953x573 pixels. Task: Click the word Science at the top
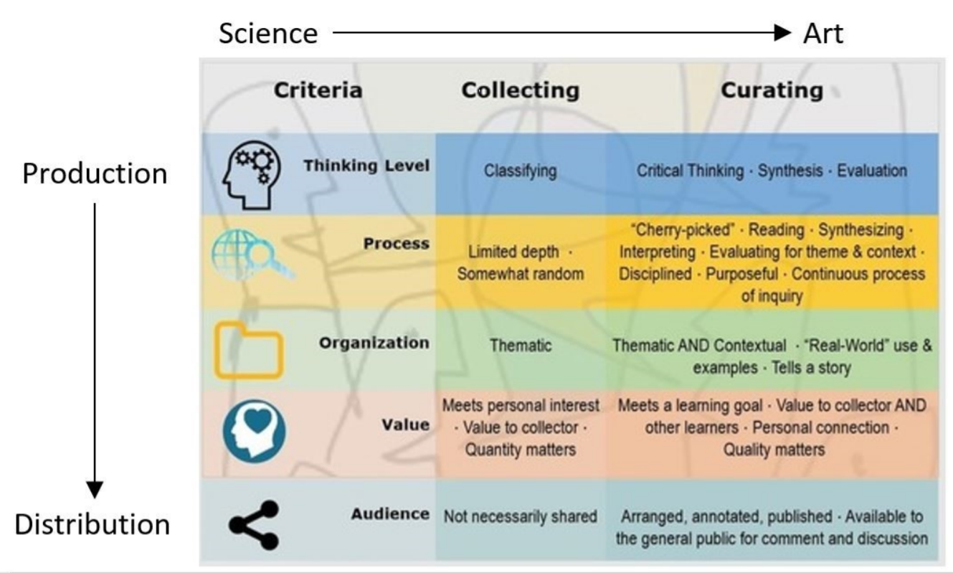point(267,33)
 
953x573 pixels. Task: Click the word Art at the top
point(822,33)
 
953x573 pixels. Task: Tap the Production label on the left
point(95,174)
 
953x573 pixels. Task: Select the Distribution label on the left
point(93,524)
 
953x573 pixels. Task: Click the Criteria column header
point(318,90)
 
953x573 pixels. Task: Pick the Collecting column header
point(520,90)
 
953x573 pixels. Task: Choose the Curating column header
point(772,90)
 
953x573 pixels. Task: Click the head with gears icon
point(248,173)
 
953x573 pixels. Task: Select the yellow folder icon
point(249,350)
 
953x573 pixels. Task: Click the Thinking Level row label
point(366,166)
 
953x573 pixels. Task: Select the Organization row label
point(374,343)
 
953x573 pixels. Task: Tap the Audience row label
point(390,513)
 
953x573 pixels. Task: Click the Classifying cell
point(521,171)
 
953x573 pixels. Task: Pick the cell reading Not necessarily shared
point(520,516)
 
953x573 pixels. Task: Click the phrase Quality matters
point(772,450)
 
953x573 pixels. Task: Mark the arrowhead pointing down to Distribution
point(95,490)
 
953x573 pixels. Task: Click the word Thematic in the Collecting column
point(521,346)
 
